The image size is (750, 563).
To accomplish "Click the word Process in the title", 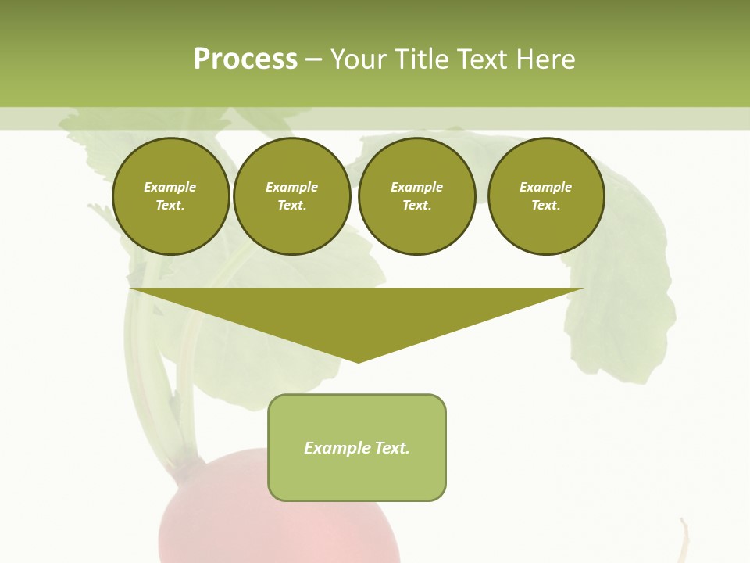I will point(245,59).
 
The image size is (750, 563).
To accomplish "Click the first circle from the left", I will point(170,196).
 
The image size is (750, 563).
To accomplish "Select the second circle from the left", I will point(291,196).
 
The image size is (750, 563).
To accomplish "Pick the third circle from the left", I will point(416,196).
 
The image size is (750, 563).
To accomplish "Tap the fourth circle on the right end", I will point(545,196).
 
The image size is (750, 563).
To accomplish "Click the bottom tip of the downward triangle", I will point(358,360).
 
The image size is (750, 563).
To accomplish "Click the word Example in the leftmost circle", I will point(170,187).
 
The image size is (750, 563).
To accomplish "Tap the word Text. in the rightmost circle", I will point(545,206).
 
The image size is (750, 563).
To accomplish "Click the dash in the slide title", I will point(314,59).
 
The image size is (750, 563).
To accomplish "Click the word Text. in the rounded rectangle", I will point(391,448).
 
